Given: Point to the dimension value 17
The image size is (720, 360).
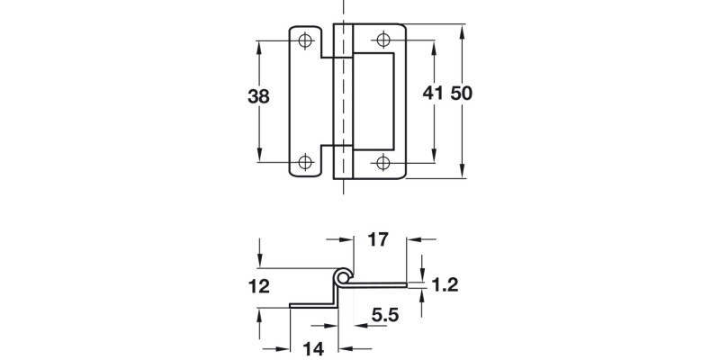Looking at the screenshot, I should [x=378, y=240].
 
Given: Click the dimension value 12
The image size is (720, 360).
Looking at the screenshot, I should [x=259, y=287].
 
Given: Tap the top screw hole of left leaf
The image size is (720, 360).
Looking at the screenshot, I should [x=305, y=40].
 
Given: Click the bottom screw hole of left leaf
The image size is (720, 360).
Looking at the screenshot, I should [x=305, y=162].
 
